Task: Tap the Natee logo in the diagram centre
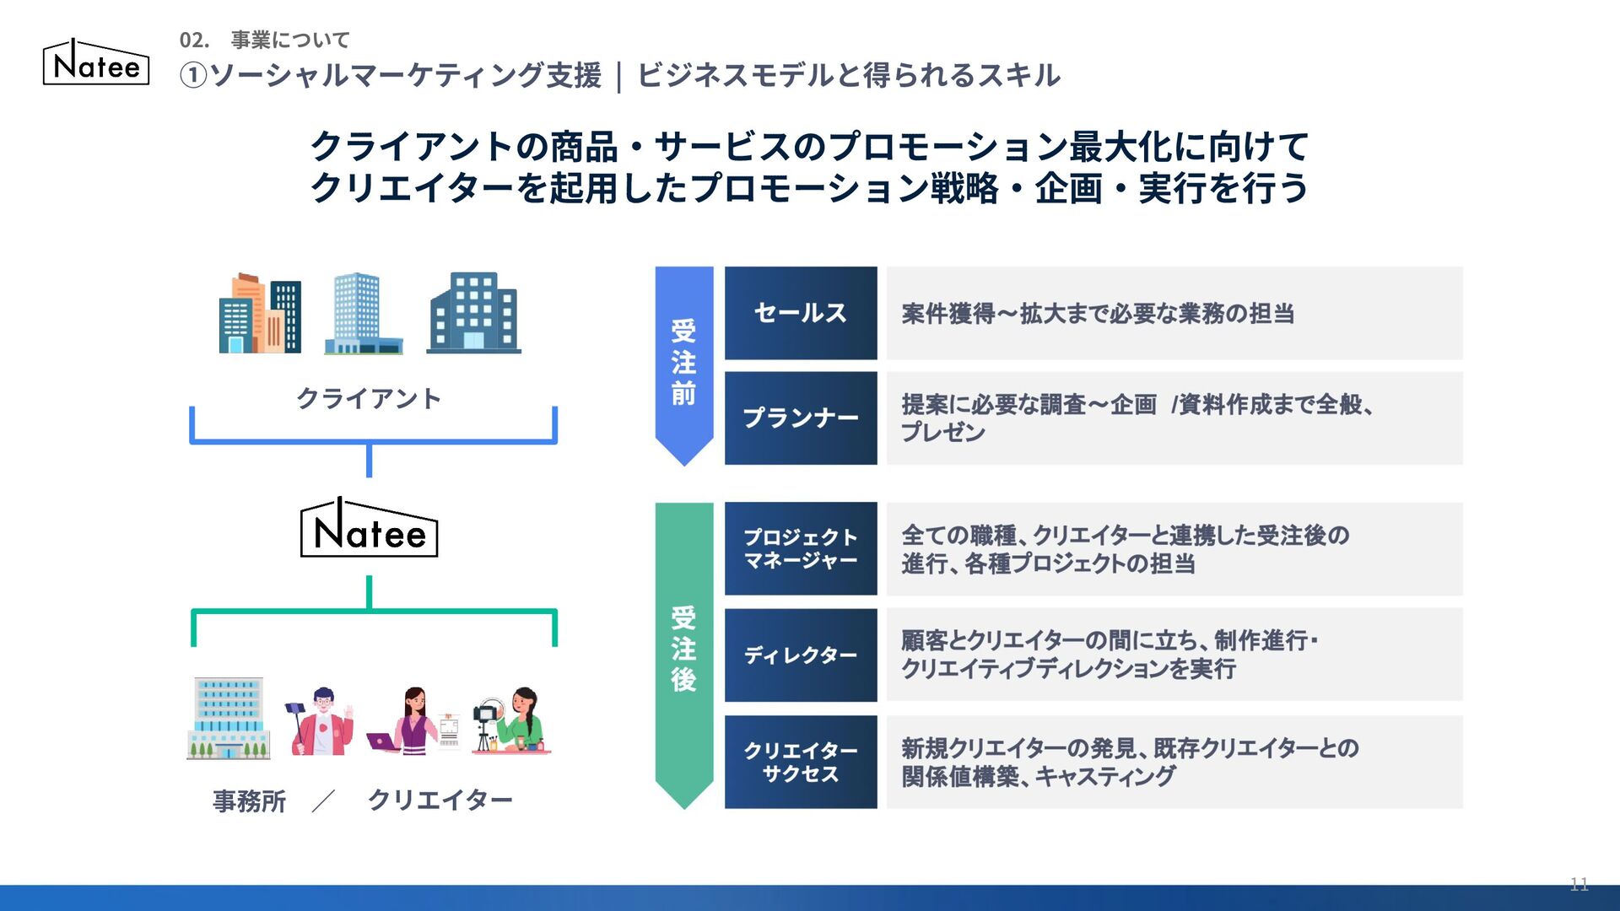point(370,530)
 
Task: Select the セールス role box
point(800,313)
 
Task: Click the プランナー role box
point(800,418)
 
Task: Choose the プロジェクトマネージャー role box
point(800,548)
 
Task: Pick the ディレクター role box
point(800,655)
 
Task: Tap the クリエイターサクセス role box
point(800,762)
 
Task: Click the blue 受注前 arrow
point(683,363)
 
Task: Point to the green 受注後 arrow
point(683,650)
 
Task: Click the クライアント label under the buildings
point(369,398)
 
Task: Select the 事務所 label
point(249,800)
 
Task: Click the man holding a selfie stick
point(321,721)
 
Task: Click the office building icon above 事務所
point(229,718)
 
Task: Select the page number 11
point(1579,884)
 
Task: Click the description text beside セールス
point(1097,314)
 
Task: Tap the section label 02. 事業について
point(264,40)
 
